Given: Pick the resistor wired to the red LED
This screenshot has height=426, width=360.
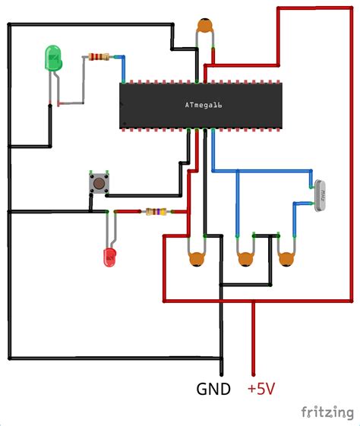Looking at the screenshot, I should tap(155, 212).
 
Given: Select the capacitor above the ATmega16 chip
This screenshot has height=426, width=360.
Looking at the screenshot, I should tap(204, 29).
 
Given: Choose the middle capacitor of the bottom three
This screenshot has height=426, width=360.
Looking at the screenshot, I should tap(245, 258).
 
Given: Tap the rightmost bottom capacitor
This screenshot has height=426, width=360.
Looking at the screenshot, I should tap(286, 258).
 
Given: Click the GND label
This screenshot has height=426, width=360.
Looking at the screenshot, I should tap(214, 390).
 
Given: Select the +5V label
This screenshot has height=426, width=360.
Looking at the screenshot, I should tap(261, 390).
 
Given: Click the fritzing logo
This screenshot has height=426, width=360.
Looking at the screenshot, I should tap(327, 412).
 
